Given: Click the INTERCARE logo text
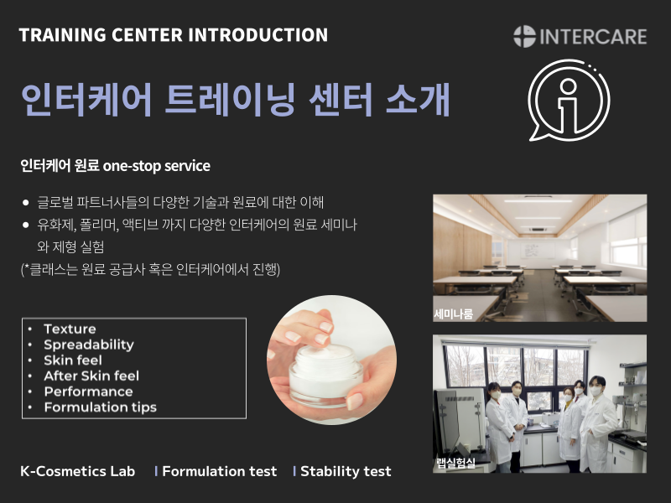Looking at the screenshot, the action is [x=593, y=37].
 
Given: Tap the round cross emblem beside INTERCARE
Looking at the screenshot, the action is [x=525, y=36].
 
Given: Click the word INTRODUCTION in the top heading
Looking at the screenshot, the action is [x=258, y=35].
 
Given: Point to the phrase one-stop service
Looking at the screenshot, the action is [x=157, y=166].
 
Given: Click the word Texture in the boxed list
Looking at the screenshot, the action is [x=70, y=329].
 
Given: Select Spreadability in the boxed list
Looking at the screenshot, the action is [x=89, y=345].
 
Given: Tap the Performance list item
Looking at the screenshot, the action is [x=89, y=392].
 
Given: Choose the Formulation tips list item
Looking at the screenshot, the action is [x=101, y=407].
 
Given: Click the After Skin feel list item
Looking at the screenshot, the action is [x=91, y=376].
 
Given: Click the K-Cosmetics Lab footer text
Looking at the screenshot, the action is [x=77, y=471].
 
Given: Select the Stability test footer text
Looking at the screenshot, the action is [x=346, y=471].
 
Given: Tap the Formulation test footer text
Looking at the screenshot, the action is [x=220, y=471].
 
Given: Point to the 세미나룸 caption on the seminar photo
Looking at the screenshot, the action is [x=454, y=314].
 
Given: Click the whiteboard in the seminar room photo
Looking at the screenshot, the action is [x=538, y=251].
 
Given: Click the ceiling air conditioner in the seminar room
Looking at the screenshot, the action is [x=537, y=229].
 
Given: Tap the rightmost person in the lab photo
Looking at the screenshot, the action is [x=597, y=423].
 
